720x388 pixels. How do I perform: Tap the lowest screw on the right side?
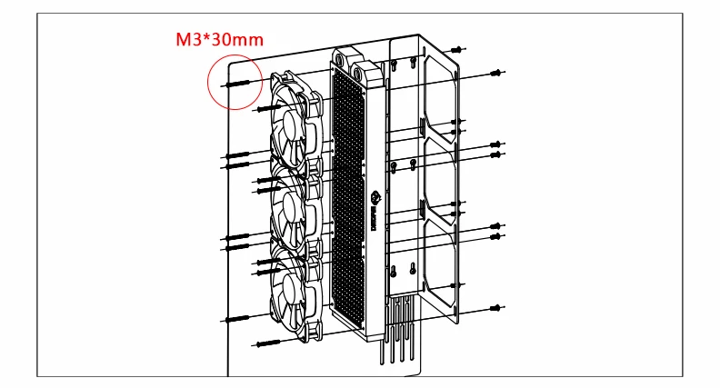(x=496, y=306)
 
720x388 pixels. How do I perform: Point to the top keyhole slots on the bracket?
(x=404, y=64)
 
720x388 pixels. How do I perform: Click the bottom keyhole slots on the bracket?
(x=404, y=268)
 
